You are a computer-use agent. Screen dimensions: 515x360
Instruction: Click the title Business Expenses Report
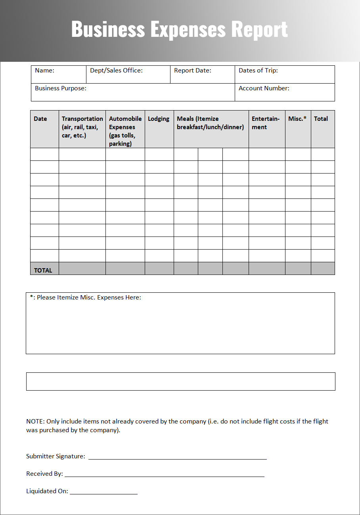coord(179,29)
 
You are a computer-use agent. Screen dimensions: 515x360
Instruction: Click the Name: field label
coord(44,71)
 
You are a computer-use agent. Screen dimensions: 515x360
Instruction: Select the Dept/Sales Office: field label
coord(116,71)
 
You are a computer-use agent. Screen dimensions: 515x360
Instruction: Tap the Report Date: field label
coord(192,71)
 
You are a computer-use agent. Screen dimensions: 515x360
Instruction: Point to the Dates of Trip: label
coord(258,71)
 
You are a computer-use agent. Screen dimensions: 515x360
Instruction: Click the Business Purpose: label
coord(60,88)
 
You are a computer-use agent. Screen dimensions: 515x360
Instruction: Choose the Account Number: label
coord(264,88)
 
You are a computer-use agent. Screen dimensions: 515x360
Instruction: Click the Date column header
coord(40,119)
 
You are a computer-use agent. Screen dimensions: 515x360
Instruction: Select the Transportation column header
coord(82,127)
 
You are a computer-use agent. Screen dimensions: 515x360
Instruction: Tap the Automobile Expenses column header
coord(125,131)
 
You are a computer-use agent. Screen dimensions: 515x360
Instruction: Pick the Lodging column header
coord(159,119)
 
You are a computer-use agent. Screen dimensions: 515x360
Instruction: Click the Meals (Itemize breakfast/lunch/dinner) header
coord(210,123)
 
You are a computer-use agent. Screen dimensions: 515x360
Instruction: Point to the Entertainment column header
coord(266,123)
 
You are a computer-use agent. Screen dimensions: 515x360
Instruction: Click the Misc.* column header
coord(297,119)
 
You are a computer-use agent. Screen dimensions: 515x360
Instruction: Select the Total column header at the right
coord(321,119)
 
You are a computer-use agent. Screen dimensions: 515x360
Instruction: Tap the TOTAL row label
coord(43,270)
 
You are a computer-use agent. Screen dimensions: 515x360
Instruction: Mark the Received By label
coord(44,474)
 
